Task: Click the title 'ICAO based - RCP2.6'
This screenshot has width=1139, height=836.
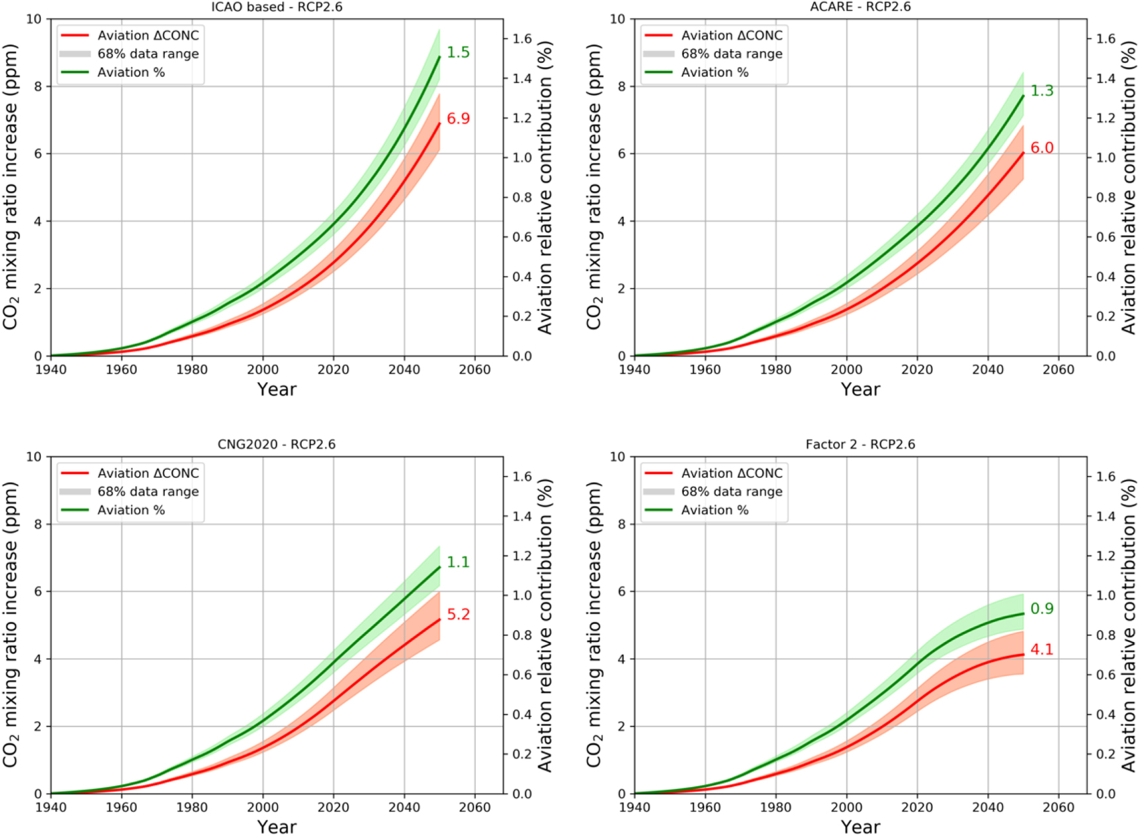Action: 276,7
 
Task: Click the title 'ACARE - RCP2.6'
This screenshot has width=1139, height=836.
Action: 860,7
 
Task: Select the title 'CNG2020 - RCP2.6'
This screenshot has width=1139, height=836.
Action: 276,445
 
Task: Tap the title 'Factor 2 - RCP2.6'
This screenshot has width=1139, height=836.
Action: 860,445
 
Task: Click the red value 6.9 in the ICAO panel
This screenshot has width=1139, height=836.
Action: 458,119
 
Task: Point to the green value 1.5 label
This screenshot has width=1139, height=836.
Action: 458,53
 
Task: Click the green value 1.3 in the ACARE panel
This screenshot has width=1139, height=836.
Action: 1042,91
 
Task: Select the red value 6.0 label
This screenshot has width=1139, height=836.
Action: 1042,148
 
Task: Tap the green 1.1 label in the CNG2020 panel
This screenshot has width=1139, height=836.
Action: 458,563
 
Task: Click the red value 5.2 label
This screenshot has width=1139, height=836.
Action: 458,615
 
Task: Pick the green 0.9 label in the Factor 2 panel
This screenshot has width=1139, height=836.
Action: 1042,609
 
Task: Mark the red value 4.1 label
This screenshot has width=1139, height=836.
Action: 1042,650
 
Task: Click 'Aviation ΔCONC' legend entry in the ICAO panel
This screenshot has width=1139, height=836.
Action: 148,36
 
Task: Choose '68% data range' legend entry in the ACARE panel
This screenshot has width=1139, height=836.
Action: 732,54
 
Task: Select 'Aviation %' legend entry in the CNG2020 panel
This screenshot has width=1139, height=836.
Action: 131,510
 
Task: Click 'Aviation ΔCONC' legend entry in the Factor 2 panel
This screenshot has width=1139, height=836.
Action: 732,473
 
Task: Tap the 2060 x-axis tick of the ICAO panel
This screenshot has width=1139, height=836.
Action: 475,370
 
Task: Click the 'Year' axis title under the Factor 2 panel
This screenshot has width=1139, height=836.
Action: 860,827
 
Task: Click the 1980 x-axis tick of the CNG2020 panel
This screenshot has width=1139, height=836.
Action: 192,808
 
